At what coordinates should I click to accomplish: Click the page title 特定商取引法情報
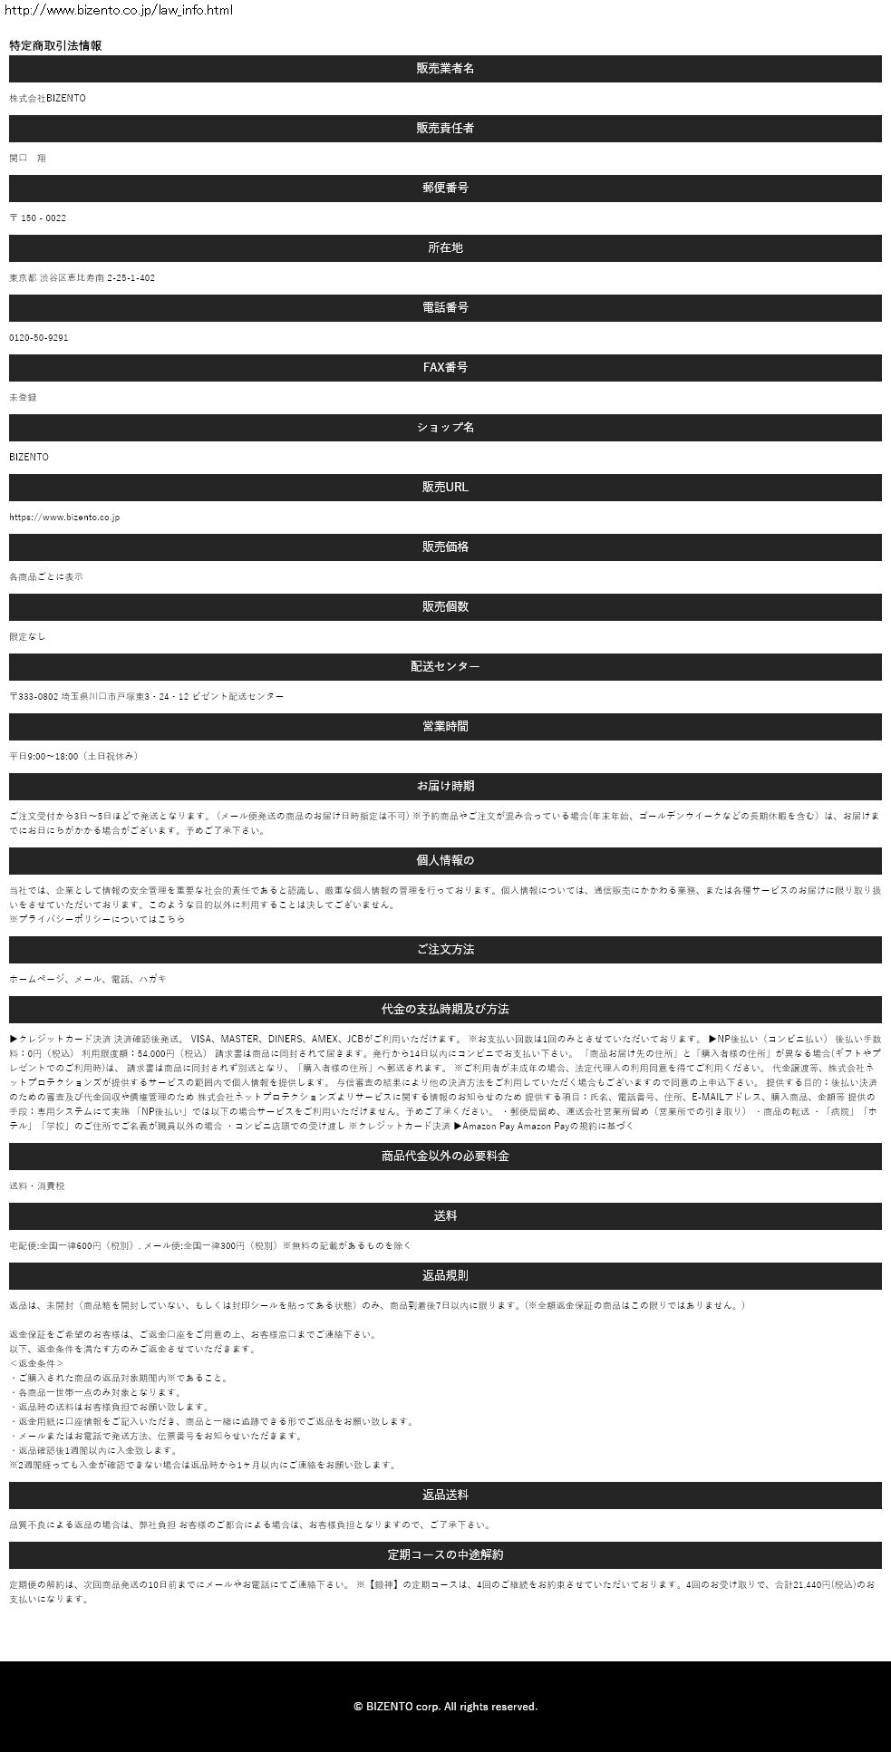pyautogui.click(x=55, y=45)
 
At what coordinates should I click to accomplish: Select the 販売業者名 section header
pyautogui.click(x=445, y=69)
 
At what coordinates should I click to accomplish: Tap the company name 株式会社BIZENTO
pyautogui.click(x=48, y=98)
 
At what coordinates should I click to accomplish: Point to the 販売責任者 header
pyautogui.click(x=445, y=129)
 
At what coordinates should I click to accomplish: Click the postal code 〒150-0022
pyautogui.click(x=38, y=218)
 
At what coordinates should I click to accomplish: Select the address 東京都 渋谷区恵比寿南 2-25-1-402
pyautogui.click(x=82, y=277)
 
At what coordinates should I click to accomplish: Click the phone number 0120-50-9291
pyautogui.click(x=39, y=337)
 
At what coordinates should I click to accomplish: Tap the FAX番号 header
pyautogui.click(x=445, y=368)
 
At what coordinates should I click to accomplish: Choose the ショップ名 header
pyautogui.click(x=445, y=428)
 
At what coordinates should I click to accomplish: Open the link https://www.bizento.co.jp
pyautogui.click(x=64, y=517)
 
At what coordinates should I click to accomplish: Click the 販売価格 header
pyautogui.click(x=445, y=547)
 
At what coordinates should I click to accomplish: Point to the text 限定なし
pyautogui.click(x=27, y=636)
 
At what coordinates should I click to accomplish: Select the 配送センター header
pyautogui.click(x=445, y=667)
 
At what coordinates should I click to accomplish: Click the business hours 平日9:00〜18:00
pyautogui.click(x=73, y=756)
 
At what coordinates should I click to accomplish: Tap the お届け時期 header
pyautogui.click(x=445, y=787)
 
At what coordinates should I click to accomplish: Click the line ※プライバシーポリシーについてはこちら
pyautogui.click(x=97, y=919)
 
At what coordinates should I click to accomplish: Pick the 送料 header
pyautogui.click(x=445, y=1216)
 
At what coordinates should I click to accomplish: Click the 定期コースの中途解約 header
pyautogui.click(x=445, y=1555)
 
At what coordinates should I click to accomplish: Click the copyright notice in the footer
pyautogui.click(x=445, y=1707)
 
